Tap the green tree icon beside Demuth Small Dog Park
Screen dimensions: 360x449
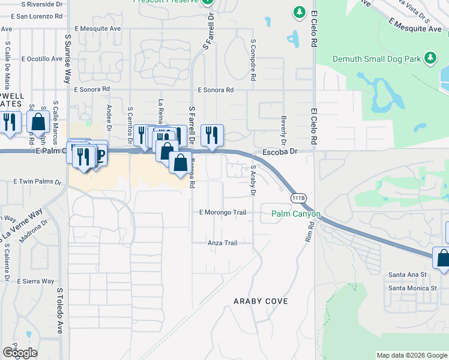click(429, 58)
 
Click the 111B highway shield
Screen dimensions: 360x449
click(298, 197)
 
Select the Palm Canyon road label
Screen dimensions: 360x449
click(295, 214)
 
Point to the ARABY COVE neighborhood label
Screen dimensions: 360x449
click(261, 301)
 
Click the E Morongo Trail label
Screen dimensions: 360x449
click(223, 212)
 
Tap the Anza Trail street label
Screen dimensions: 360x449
click(222, 243)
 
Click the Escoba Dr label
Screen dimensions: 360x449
click(280, 152)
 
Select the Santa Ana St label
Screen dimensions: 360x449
click(407, 274)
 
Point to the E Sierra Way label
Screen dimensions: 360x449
click(35, 281)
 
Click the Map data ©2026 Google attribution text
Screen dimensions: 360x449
click(412, 355)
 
